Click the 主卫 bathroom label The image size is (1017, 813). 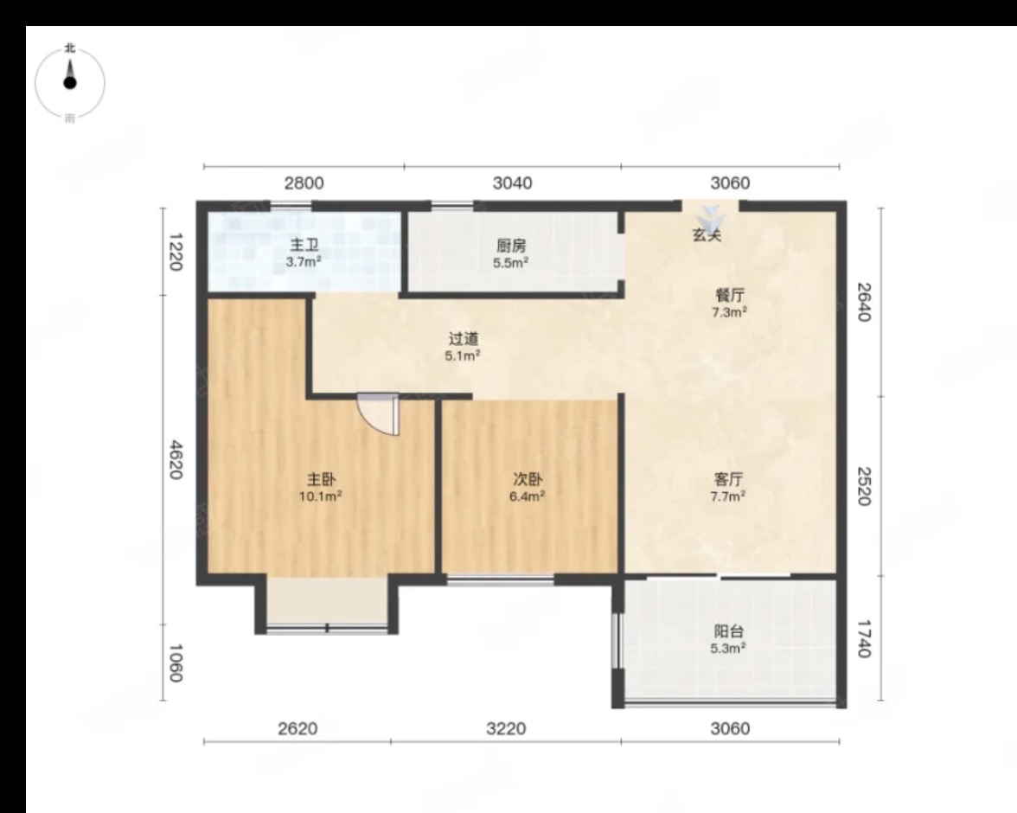(x=304, y=246)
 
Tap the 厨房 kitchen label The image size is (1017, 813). (x=511, y=246)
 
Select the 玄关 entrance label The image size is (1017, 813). (x=707, y=235)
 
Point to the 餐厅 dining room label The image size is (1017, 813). (x=730, y=295)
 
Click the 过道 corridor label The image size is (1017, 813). (x=464, y=339)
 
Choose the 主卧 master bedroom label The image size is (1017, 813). (x=321, y=480)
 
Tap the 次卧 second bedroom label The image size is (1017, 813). (x=528, y=479)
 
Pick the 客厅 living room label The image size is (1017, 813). (x=728, y=479)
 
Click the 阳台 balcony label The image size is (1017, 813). (x=728, y=631)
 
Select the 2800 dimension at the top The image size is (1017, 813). (x=304, y=183)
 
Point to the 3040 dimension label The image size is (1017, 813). (x=512, y=183)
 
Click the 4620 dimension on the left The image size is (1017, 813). (x=175, y=459)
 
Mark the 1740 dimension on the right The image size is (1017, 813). (x=864, y=638)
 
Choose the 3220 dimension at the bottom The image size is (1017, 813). (x=506, y=728)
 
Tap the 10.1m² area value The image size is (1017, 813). (x=320, y=497)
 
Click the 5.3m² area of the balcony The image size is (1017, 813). (x=728, y=648)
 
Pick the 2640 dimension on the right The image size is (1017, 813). (x=864, y=302)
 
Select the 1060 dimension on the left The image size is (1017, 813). (x=175, y=663)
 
